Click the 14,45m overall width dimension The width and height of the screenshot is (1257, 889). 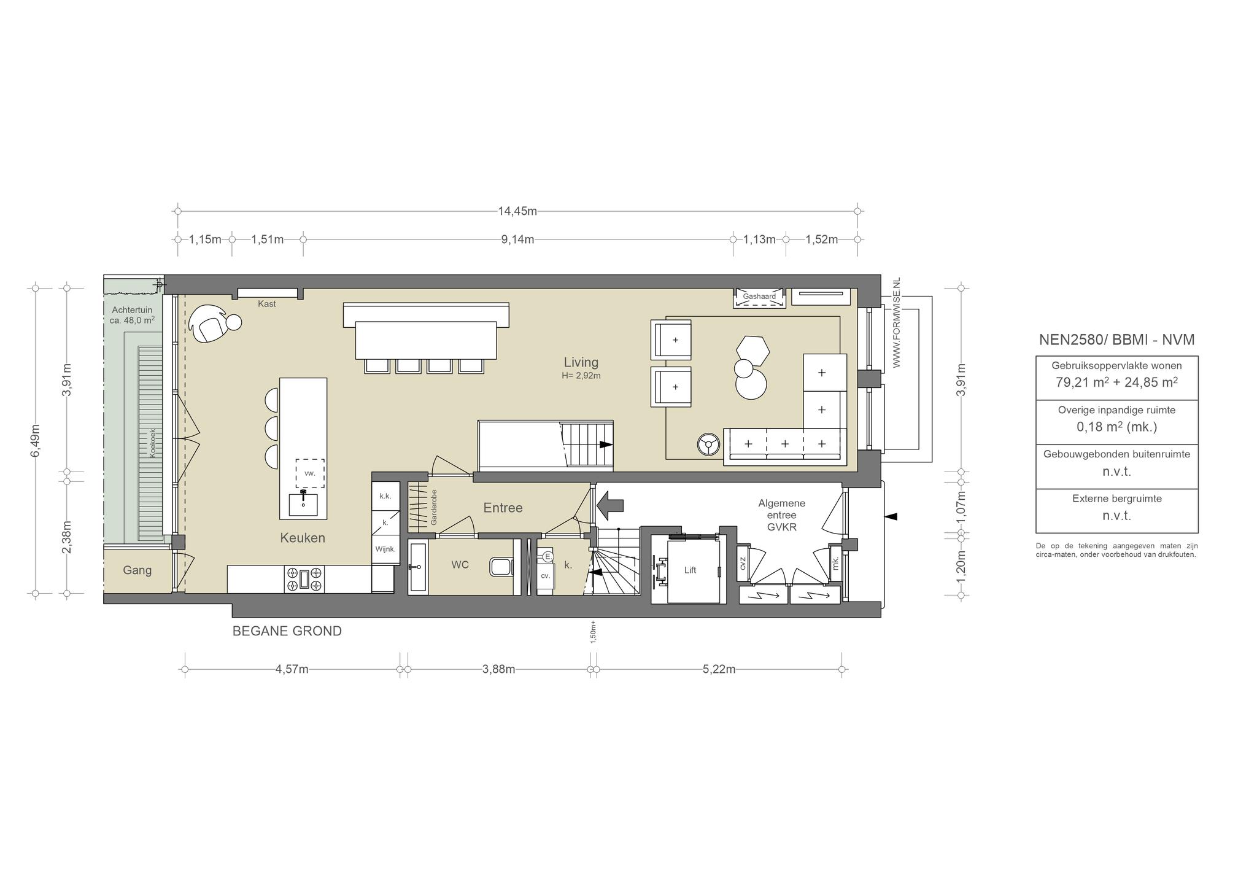point(517,211)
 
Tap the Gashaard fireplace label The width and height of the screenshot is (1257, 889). point(759,297)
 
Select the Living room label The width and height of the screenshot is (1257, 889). point(581,362)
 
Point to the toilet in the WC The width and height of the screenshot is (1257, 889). point(501,566)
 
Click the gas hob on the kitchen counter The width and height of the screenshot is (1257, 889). point(304,579)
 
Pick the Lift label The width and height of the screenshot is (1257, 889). point(690,570)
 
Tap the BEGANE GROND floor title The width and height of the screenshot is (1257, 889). point(287,631)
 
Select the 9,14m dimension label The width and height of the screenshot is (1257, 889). point(517,239)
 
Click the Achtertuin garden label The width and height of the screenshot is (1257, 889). point(132,310)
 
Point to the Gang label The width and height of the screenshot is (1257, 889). point(137,570)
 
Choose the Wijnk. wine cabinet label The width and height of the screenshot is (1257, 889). point(385,549)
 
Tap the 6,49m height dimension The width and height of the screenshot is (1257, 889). point(36,440)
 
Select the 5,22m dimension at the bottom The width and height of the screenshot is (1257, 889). point(719,669)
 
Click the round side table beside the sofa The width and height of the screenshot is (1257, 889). point(709,444)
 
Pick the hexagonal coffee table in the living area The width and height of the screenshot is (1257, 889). point(752,351)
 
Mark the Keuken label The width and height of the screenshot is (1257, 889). point(303,538)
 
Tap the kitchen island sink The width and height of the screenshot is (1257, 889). point(303,504)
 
